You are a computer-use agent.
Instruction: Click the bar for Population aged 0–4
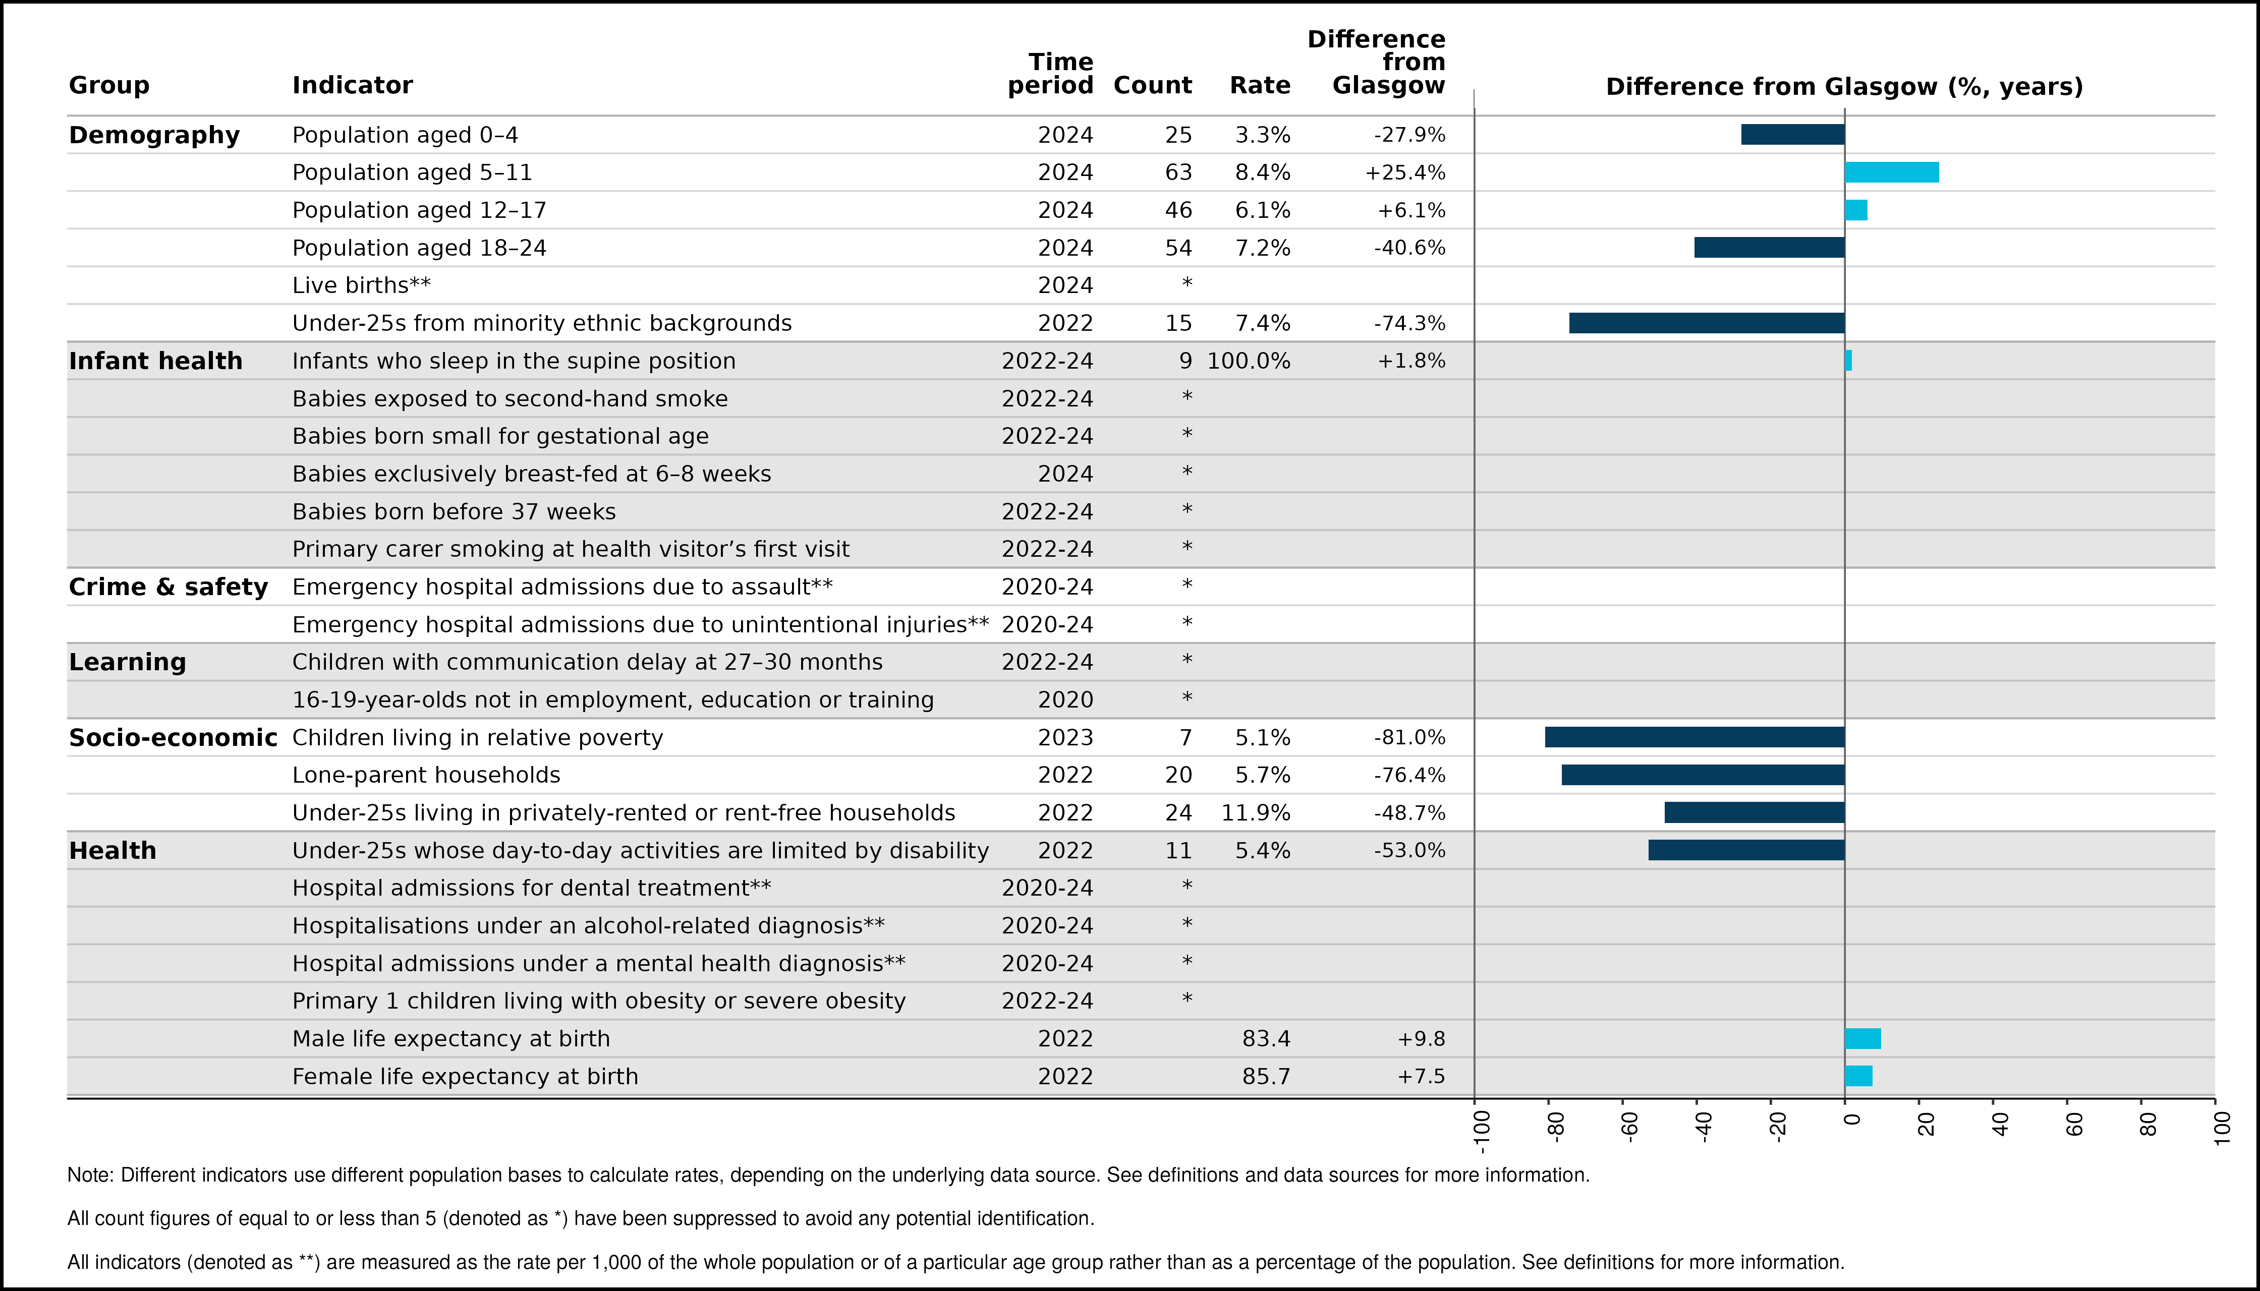[1792, 135]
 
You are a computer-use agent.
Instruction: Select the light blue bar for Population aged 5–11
[1892, 172]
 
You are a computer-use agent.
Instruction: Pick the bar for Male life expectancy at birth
[1862, 1038]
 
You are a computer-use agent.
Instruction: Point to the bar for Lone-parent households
[1703, 775]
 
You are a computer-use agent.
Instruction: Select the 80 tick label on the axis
[2148, 1124]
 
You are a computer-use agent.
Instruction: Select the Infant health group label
[155, 361]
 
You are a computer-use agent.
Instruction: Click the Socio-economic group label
[173, 738]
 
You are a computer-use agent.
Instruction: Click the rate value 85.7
[1267, 1077]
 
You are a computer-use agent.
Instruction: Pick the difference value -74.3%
[1409, 323]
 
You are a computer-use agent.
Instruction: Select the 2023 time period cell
[1065, 738]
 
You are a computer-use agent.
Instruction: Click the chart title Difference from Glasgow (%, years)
[1844, 86]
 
